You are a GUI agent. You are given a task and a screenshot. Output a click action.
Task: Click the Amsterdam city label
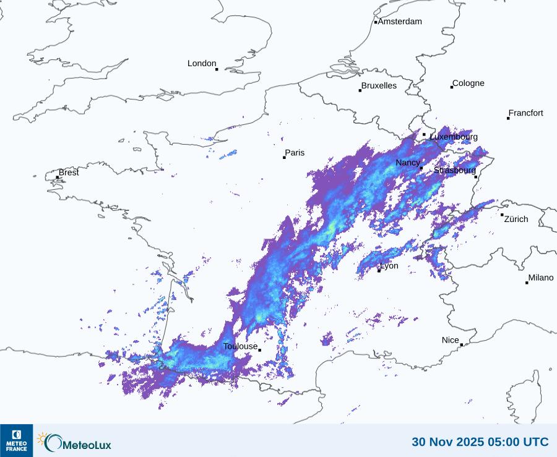pos(400,22)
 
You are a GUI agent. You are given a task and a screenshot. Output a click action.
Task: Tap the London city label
pos(202,64)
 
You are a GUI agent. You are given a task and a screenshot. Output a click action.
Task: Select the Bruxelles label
pos(379,86)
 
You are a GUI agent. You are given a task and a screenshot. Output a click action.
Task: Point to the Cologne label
pos(468,83)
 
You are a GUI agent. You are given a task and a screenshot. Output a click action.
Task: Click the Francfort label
pos(525,113)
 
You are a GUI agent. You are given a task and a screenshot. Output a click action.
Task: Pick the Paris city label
pos(295,153)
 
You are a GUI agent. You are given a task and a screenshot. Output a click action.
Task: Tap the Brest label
pos(69,173)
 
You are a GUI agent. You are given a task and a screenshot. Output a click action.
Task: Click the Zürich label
pos(516,219)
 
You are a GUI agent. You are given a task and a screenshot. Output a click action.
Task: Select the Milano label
pos(540,278)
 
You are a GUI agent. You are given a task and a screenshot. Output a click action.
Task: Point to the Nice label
pos(451,340)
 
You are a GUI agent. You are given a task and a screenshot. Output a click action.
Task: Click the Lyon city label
pos(389,267)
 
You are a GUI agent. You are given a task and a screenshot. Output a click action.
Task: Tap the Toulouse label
pos(240,346)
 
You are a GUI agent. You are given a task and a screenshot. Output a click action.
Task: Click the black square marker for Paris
pos(284,157)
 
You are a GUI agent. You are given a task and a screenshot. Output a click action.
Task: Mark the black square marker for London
pos(217,69)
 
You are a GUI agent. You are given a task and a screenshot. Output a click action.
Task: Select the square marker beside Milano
pos(527,283)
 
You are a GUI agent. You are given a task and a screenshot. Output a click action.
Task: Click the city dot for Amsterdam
pos(376,22)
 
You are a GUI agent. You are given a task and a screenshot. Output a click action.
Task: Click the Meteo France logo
pos(16,440)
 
